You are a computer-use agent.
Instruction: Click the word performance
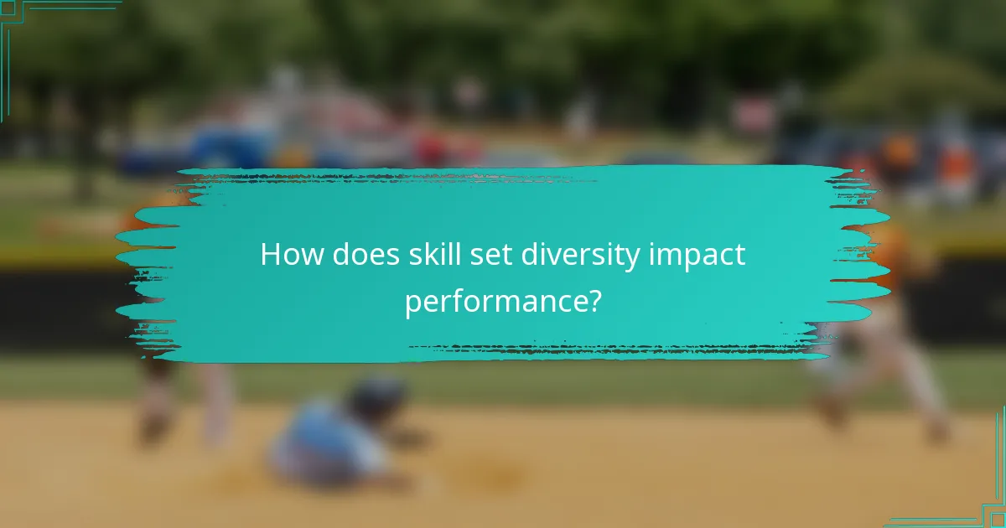(494, 302)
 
